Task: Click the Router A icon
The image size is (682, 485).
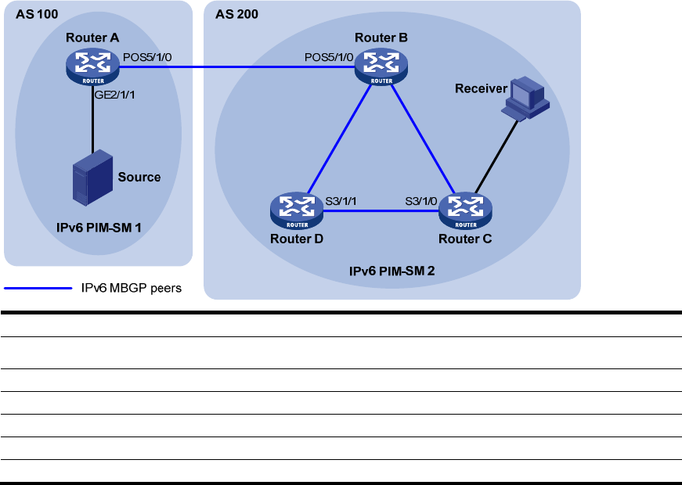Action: point(93,66)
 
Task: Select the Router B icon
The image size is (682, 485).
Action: point(381,66)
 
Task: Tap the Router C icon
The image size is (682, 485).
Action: point(466,210)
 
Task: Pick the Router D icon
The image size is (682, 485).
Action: point(297,210)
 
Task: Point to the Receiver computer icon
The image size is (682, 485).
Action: point(526,99)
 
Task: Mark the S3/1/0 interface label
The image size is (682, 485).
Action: point(422,201)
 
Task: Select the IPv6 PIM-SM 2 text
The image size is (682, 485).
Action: point(392,271)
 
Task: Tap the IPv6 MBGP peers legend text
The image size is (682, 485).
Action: point(132,288)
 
